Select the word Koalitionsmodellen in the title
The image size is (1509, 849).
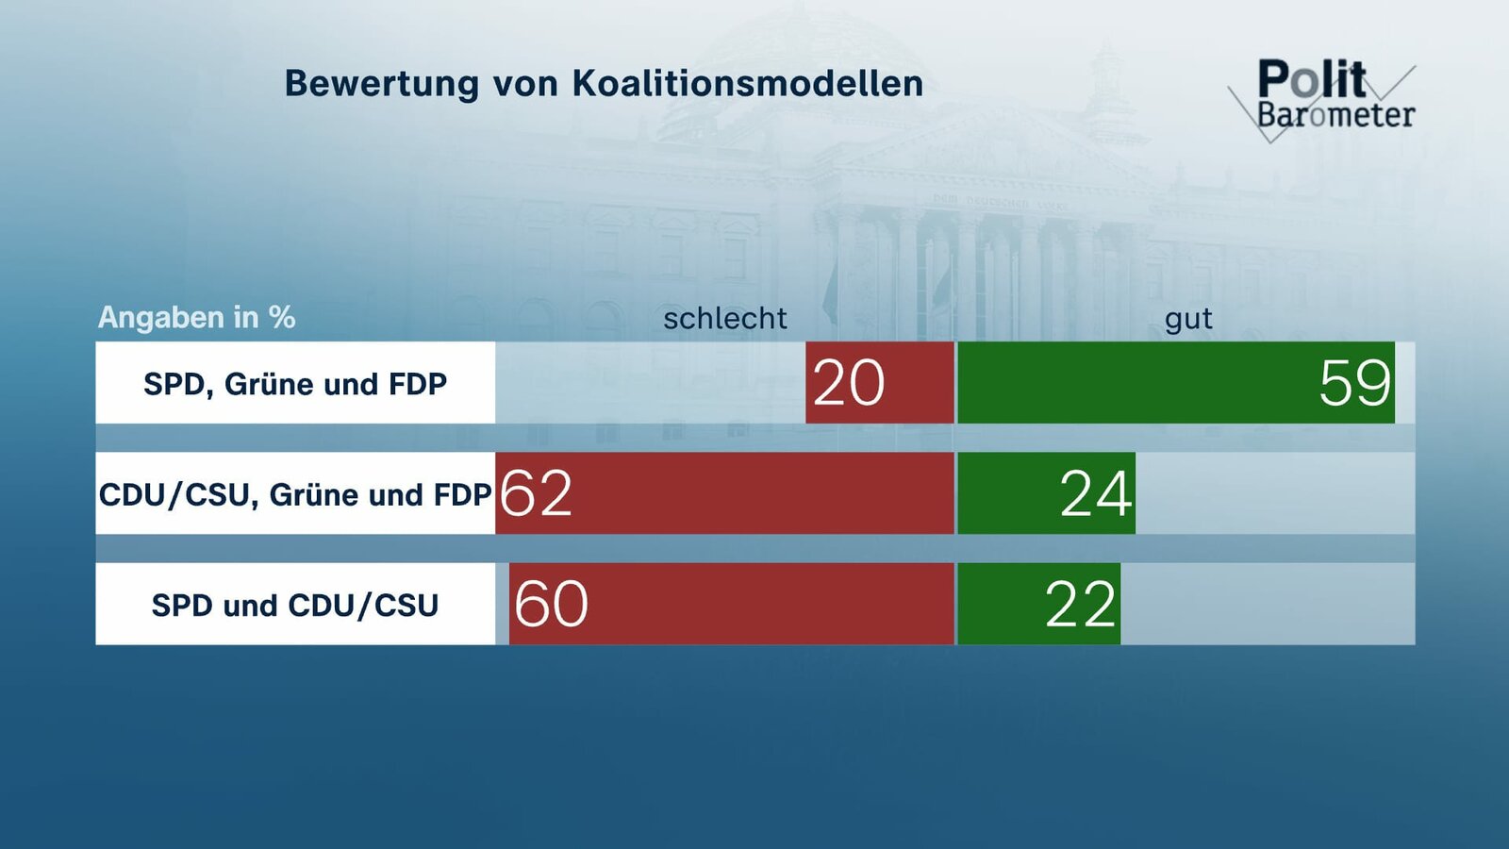[x=748, y=84]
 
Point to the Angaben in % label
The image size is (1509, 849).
[x=196, y=317]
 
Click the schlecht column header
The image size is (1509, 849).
[x=724, y=319]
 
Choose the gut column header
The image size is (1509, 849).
[x=1187, y=319]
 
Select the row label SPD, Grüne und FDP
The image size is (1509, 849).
[x=295, y=384]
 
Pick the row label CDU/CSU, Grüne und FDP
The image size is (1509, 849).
[x=295, y=494]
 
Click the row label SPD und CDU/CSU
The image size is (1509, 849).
[x=295, y=605]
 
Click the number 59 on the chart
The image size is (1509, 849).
[x=1354, y=383]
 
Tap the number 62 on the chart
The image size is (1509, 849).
[x=536, y=493]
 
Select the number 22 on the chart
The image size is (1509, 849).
[x=1081, y=604]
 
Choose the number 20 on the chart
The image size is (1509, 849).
[x=848, y=383]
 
